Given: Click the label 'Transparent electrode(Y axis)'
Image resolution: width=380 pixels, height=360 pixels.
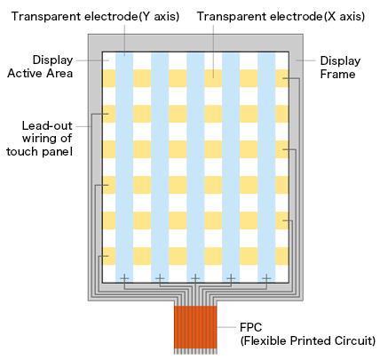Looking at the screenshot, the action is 95,16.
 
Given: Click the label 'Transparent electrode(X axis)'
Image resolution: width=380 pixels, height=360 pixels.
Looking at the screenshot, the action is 281,16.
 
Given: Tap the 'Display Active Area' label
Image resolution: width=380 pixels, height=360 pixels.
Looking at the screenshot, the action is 40,67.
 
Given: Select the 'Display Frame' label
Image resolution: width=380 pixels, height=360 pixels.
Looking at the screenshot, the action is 340,68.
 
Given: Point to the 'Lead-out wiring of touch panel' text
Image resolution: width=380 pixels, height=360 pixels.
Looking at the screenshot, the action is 39,139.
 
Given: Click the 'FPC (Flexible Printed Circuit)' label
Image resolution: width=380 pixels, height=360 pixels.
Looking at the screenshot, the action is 308,334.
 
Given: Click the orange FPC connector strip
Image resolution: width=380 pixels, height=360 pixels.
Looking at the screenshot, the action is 195,327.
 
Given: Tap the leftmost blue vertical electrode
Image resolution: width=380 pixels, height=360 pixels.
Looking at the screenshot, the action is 124,167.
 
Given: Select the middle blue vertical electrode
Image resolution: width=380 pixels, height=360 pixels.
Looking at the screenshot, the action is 195,167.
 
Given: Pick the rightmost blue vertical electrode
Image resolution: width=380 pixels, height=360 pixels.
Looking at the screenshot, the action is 266,167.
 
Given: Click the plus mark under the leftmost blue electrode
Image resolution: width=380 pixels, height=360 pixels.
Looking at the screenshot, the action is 124,278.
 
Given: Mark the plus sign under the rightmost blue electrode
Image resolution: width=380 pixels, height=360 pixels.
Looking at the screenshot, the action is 266,278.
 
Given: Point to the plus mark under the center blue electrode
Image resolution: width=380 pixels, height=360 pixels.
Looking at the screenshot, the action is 195,278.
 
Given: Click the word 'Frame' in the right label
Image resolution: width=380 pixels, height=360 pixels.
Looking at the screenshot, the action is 337,74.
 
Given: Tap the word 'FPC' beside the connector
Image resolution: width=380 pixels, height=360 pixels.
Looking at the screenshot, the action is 251,327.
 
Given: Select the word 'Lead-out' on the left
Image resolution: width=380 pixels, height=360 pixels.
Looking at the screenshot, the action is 47,125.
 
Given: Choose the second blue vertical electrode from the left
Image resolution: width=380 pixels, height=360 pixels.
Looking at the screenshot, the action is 160,167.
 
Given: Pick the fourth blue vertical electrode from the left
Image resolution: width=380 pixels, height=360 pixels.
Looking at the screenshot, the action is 231,167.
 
